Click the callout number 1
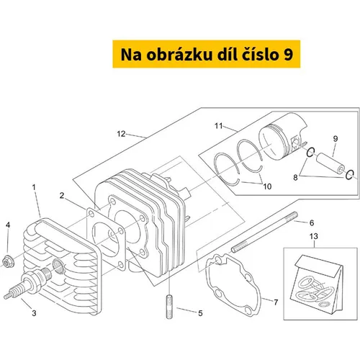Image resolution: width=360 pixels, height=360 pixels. tap(34, 187)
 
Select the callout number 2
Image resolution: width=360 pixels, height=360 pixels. tap(62, 196)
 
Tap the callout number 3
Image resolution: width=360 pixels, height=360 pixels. tap(34, 313)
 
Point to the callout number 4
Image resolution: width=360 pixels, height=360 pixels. tap(8, 225)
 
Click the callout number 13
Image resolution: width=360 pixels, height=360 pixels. tap(313, 236)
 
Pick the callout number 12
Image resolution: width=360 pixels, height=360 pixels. tap(121, 134)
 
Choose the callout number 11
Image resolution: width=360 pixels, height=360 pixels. tap(219, 126)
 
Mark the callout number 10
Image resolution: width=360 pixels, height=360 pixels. tap(267, 186)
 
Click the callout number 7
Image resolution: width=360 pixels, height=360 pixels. tap(276, 302)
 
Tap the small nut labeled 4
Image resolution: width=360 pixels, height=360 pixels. tap(8, 261)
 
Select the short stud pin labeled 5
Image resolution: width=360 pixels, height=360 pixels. tap(169, 307)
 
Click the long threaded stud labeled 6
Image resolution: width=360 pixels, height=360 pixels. tap(264, 232)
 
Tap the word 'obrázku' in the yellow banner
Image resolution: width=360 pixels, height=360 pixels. tap(179, 55)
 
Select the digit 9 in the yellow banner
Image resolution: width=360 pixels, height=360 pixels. tap(288, 55)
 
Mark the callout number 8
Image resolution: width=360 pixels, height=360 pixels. tap(295, 178)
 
